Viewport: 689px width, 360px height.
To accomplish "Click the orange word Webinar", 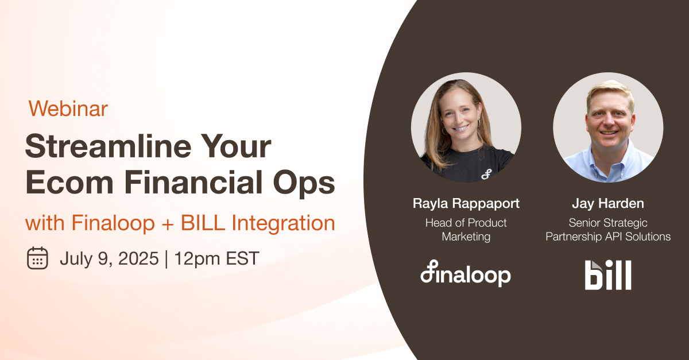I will [x=68, y=109].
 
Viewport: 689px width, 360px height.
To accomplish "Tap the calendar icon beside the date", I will [x=37, y=258].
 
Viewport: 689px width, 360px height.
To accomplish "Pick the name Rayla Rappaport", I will [x=466, y=203].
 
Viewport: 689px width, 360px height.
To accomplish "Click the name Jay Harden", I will [x=607, y=203].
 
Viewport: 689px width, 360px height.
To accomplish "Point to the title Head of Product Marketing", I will [x=466, y=229].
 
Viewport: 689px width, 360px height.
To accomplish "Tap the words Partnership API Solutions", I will [x=608, y=237].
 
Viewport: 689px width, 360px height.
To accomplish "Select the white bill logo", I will [x=608, y=275].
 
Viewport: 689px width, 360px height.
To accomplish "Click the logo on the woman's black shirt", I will [x=486, y=173].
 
